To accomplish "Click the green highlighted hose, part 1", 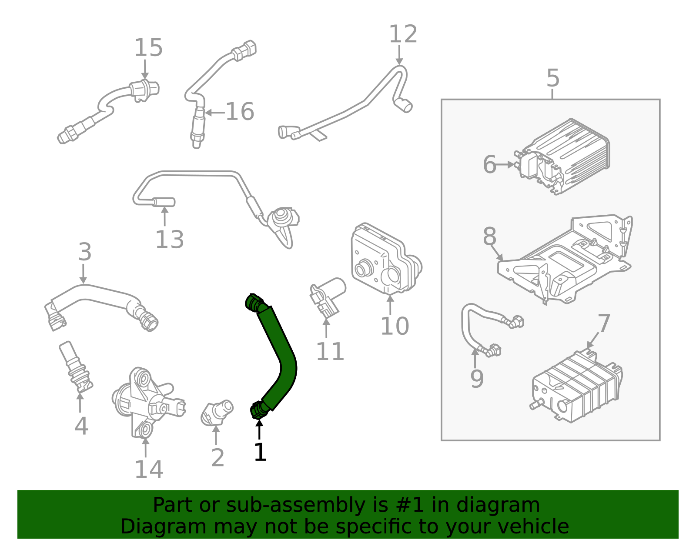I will point(278,348).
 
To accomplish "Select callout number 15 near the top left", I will point(148,48).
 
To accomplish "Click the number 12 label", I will point(403,35).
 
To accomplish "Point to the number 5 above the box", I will point(552,79).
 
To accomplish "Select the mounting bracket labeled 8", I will point(565,261).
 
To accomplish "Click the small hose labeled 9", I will point(470,330).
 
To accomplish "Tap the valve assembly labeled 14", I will point(148,402).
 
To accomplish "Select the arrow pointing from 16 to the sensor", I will point(214,113).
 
